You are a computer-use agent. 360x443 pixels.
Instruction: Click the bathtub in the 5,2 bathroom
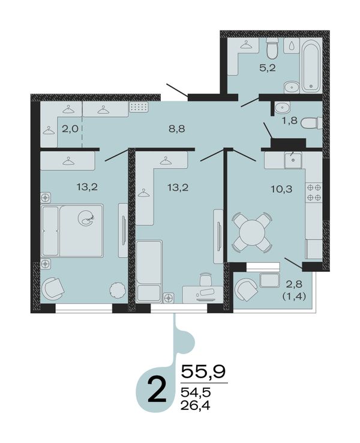coord(311,66)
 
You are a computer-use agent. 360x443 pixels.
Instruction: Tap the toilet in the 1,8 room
coord(311,124)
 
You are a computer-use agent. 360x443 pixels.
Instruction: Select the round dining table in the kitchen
coord(252,232)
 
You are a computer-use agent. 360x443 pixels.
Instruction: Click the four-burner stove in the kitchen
coord(314,192)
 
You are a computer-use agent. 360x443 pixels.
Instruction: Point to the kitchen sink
coord(293,160)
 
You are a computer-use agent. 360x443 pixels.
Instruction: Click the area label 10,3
coord(281,188)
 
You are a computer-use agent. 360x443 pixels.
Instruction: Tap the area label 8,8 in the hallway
coord(177,129)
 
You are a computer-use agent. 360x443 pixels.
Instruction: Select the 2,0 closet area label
coord(70,129)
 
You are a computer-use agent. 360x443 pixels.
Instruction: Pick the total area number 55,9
coord(203,371)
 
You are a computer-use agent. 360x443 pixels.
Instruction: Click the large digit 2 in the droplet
coord(157,390)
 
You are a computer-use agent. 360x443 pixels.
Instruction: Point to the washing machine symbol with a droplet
coord(292,45)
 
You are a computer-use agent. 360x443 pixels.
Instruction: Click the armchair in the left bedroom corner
coord(53,288)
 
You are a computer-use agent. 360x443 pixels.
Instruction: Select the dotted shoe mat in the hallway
coord(139,107)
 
